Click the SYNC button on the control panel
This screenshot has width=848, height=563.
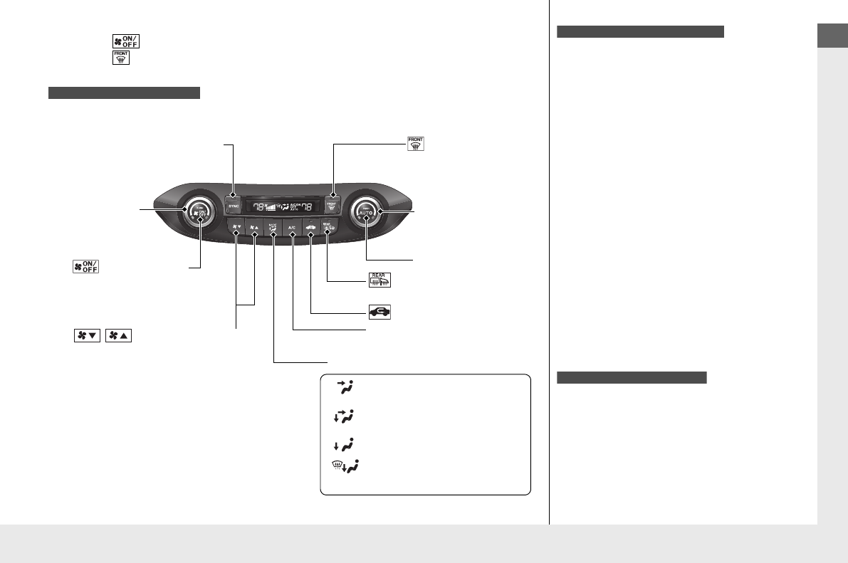click(x=233, y=205)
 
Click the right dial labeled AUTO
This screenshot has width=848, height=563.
click(x=367, y=211)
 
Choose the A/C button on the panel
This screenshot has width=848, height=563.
click(x=292, y=228)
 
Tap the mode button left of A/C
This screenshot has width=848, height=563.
click(x=273, y=228)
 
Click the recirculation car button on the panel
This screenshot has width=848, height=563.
click(x=311, y=228)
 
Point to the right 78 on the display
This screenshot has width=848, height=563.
click(x=306, y=207)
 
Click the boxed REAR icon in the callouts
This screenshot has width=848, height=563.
click(x=379, y=280)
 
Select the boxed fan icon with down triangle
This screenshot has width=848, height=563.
click(x=85, y=335)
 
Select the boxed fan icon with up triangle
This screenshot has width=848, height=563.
click(x=118, y=335)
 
